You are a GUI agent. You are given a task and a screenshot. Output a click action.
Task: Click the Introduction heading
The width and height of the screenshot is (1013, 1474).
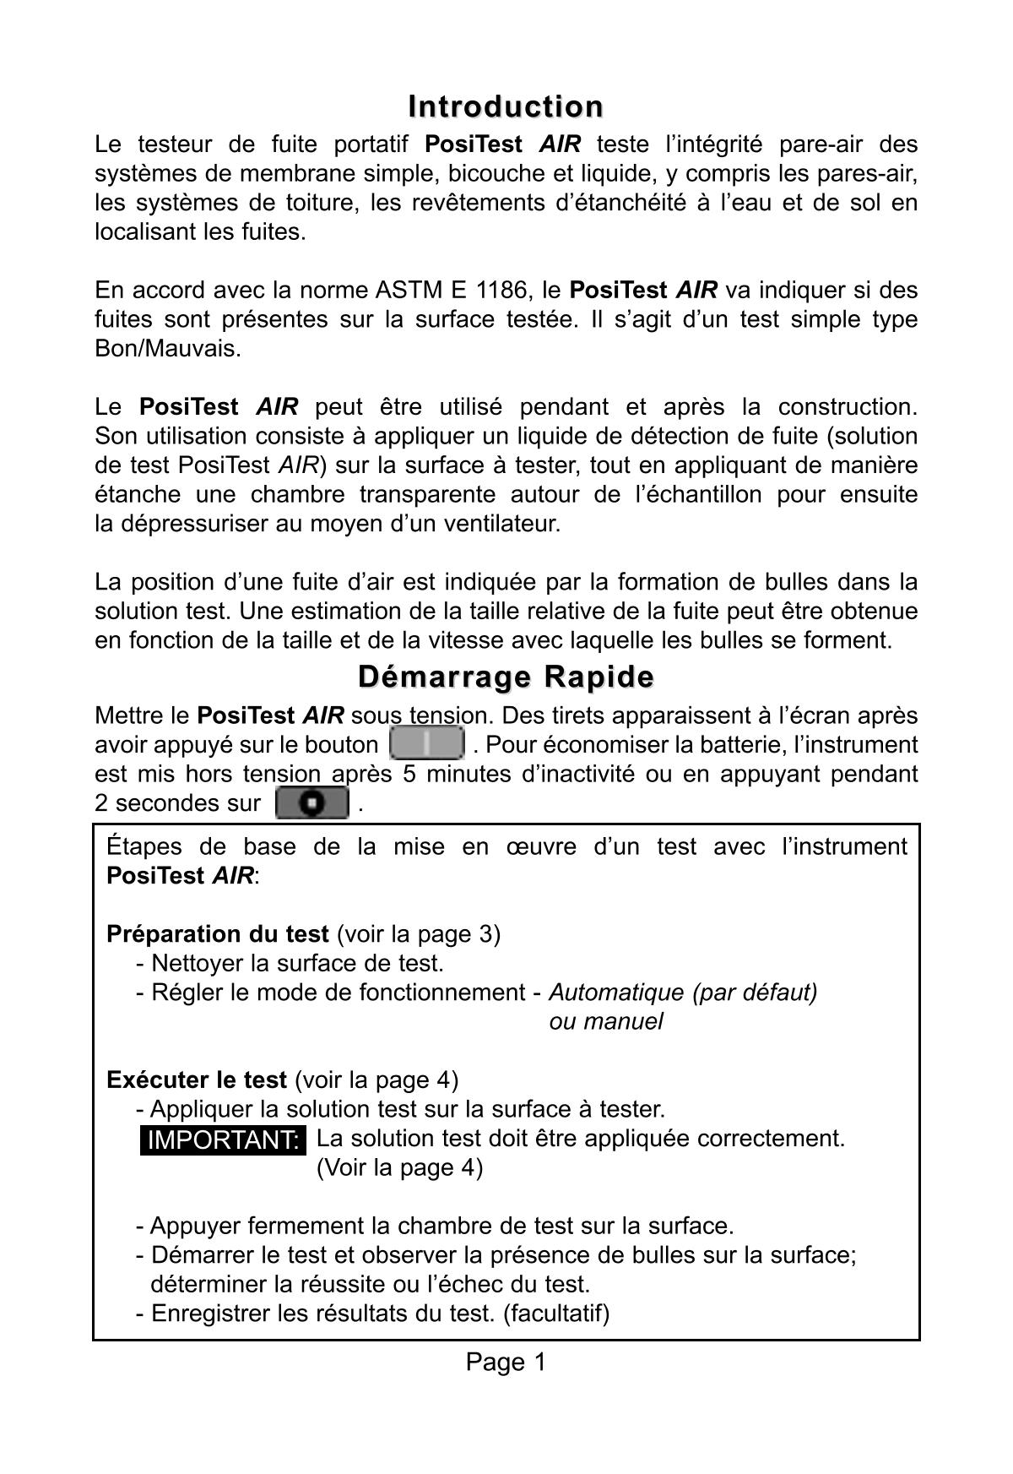click(506, 107)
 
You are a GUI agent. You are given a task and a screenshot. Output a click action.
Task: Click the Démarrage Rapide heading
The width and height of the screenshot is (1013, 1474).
click(506, 677)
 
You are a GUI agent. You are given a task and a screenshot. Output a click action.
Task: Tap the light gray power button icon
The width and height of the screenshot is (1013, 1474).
click(427, 743)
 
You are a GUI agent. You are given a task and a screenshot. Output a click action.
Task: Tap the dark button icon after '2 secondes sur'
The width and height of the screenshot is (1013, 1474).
click(312, 802)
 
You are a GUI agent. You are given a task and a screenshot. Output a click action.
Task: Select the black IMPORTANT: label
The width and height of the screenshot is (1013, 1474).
click(224, 1140)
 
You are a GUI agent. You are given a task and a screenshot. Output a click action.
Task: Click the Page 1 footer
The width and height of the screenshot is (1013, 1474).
click(506, 1362)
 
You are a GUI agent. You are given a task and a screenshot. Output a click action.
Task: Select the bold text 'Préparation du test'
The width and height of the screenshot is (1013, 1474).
click(218, 934)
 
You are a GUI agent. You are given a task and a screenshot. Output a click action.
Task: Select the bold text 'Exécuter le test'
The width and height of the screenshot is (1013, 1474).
click(197, 1080)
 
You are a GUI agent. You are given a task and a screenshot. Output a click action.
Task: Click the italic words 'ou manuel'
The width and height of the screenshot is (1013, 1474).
click(605, 1022)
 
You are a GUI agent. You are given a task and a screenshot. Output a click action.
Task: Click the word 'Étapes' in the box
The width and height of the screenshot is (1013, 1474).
click(144, 846)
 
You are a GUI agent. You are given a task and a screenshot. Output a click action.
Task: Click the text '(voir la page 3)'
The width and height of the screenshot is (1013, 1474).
click(418, 934)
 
